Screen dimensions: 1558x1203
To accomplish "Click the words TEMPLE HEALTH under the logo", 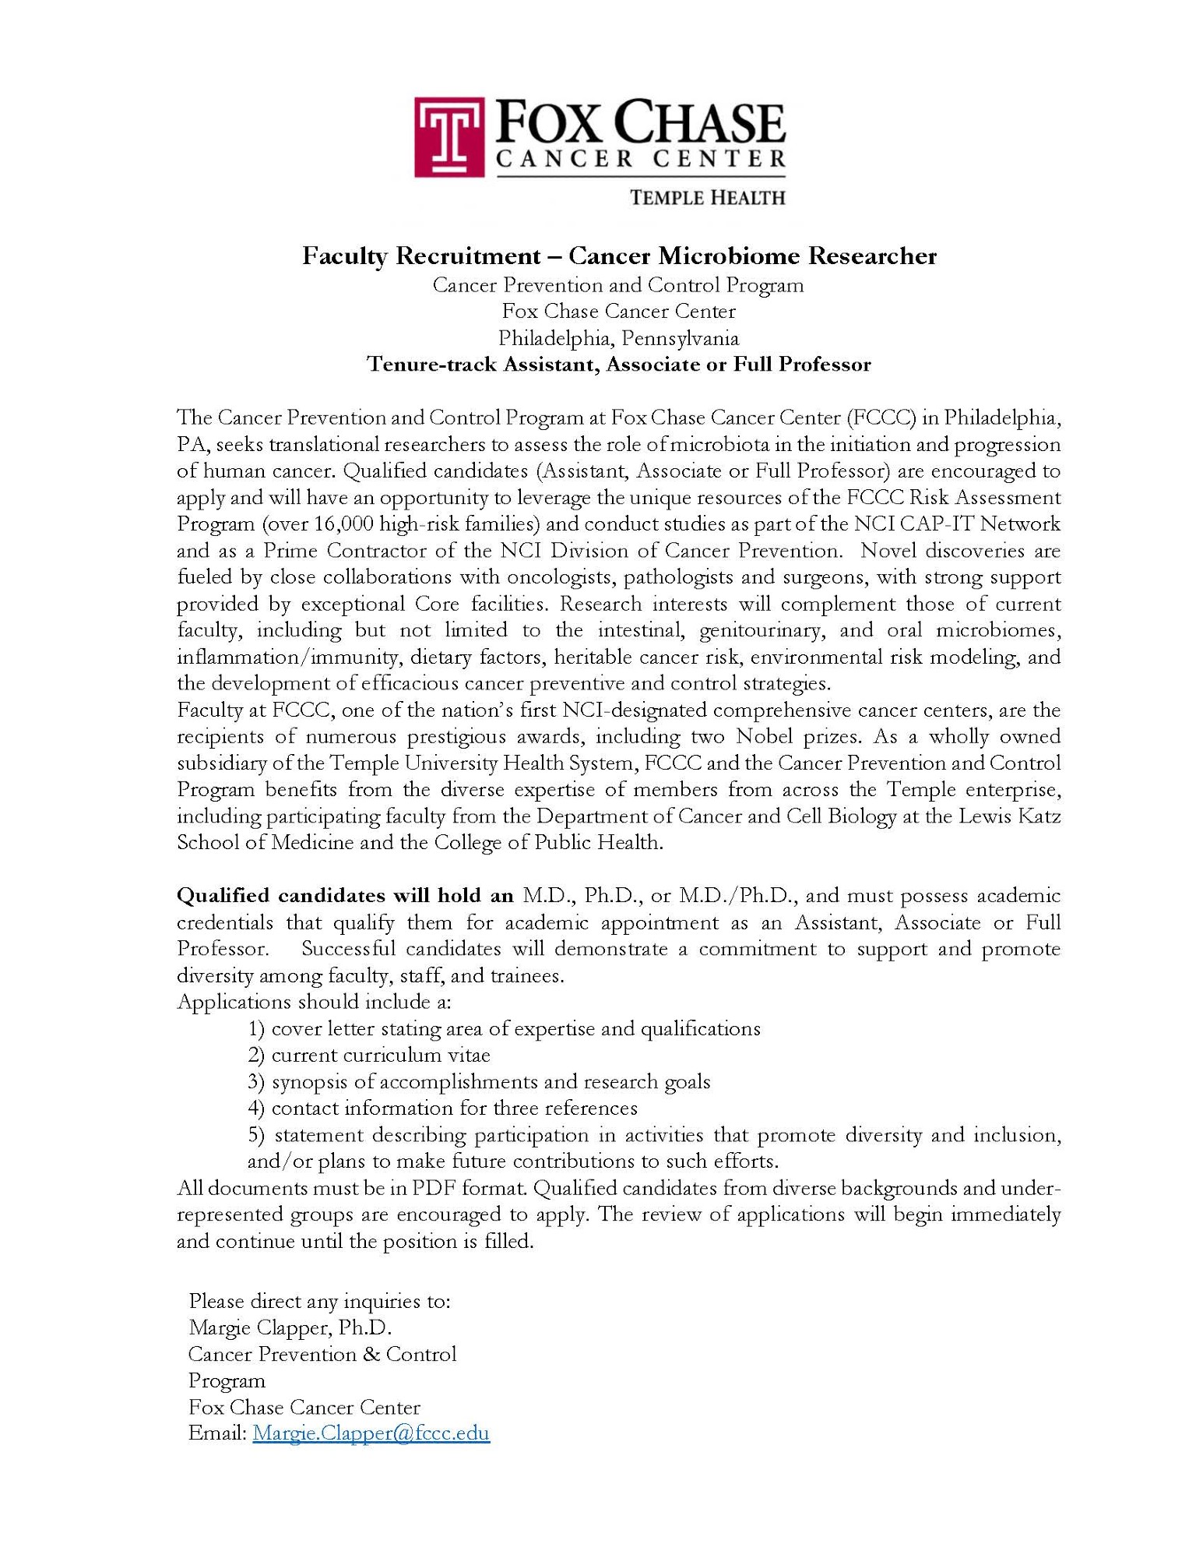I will tap(706, 198).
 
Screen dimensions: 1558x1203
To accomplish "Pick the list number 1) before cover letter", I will tap(257, 1029).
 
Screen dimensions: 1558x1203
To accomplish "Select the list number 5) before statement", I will tap(257, 1135).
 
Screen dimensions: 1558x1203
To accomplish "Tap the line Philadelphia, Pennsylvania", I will tap(618, 338).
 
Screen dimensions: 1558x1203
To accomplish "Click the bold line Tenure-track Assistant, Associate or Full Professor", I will tap(618, 365).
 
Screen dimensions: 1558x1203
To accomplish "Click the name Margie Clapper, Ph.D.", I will tap(290, 1327).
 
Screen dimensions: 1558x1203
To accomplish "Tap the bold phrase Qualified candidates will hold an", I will tap(345, 896).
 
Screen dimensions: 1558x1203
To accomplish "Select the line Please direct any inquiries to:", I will tap(319, 1300).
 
